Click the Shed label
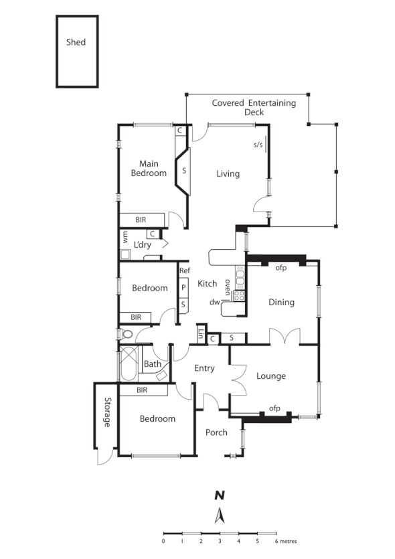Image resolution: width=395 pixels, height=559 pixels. [76, 42]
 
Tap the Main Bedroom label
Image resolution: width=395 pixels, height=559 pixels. [153, 168]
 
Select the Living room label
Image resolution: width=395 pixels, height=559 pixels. [228, 174]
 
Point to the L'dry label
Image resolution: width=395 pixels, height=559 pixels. [143, 244]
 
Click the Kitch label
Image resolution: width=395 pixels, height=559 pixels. [208, 284]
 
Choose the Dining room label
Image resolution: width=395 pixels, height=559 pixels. [281, 302]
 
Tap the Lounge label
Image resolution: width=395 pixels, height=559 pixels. [271, 376]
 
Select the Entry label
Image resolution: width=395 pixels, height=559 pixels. [204, 368]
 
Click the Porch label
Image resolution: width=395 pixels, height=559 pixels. [216, 432]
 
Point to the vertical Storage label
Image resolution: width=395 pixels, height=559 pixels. [106, 412]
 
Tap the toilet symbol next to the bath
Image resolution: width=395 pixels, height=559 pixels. [127, 334]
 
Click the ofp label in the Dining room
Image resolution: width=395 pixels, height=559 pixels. [281, 268]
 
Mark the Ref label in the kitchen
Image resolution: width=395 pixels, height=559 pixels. [185, 270]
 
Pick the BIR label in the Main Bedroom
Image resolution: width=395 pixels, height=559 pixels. [141, 220]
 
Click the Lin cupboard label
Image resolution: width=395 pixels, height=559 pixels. [200, 334]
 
